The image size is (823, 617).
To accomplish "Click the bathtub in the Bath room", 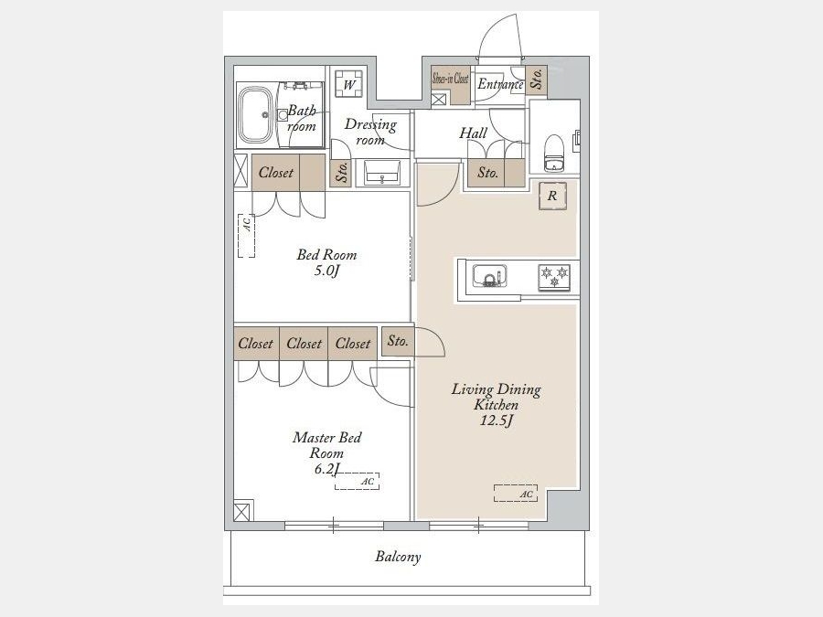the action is (256, 115).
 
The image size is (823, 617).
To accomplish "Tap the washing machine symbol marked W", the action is (348, 84).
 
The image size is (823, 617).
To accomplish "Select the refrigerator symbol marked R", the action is (552, 197).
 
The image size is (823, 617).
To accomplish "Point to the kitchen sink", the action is (490, 276).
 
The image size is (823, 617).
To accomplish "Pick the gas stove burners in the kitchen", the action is (554, 277).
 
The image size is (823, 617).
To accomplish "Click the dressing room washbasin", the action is (382, 172).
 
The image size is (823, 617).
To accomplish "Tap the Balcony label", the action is (398, 557).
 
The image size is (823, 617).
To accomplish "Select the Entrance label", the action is (500, 84).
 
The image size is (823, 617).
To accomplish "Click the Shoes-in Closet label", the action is (450, 79).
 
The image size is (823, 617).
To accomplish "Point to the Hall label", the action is (474, 133).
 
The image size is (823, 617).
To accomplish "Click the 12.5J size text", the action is (497, 420).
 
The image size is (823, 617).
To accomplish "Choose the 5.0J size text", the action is (326, 271).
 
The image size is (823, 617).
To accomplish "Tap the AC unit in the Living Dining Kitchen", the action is (516, 494).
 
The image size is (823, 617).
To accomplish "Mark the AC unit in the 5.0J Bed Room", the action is (246, 236).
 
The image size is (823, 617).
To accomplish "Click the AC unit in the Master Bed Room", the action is (357, 481).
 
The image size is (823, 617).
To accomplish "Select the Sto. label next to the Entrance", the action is (537, 79).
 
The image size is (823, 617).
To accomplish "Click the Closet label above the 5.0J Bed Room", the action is (276, 172).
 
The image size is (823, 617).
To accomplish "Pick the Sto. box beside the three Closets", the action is (398, 342).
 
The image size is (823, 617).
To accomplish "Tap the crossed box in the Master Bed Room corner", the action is (241, 512).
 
